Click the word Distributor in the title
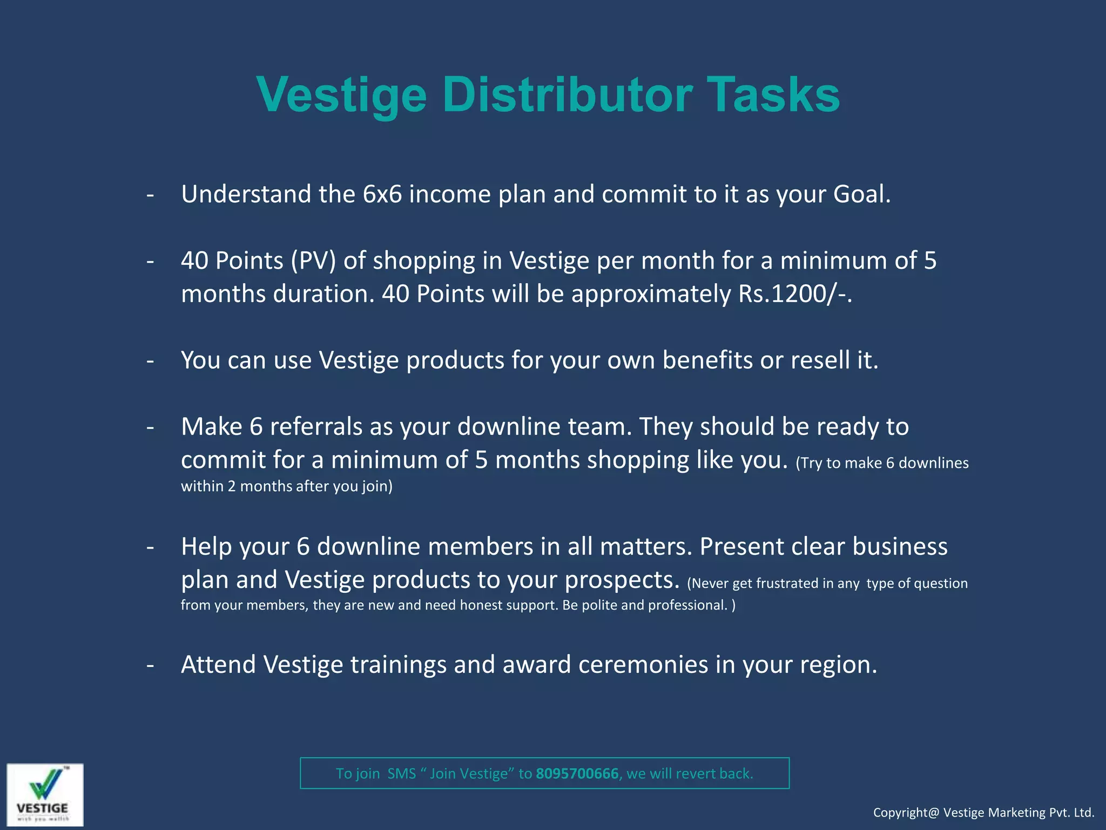[567, 95]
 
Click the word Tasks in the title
[773, 95]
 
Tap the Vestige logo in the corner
[45, 794]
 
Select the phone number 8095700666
[577, 774]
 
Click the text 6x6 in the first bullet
[382, 195]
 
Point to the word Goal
[861, 195]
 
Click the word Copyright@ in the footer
[906, 813]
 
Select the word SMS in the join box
[401, 774]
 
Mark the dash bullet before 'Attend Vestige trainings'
[150, 665]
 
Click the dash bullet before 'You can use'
[150, 360]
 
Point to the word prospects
[622, 580]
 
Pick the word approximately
[651, 294]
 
